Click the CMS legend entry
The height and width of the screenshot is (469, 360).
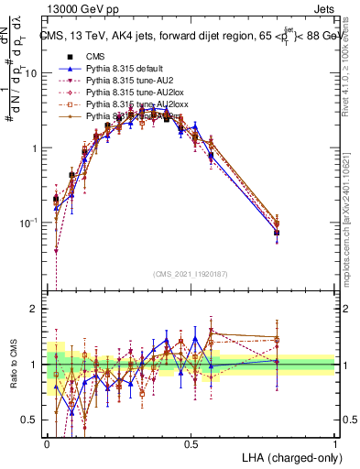pyautogui.click(x=108, y=56)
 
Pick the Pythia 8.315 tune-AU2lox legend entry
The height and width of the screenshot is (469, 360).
pyautogui.click(x=137, y=92)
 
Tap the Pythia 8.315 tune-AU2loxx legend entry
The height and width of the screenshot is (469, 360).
pyautogui.click(x=139, y=104)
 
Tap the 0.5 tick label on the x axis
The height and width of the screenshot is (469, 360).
pyautogui.click(x=191, y=442)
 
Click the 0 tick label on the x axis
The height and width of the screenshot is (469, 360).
pyautogui.click(x=47, y=442)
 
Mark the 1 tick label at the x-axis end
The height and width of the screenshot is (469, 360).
pyautogui.click(x=335, y=442)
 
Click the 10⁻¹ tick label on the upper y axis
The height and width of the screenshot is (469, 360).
pyautogui.click(x=30, y=223)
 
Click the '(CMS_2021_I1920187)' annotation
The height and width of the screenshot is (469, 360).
pyautogui.click(x=191, y=272)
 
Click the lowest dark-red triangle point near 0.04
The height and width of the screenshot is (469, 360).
pyautogui.click(x=56, y=250)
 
